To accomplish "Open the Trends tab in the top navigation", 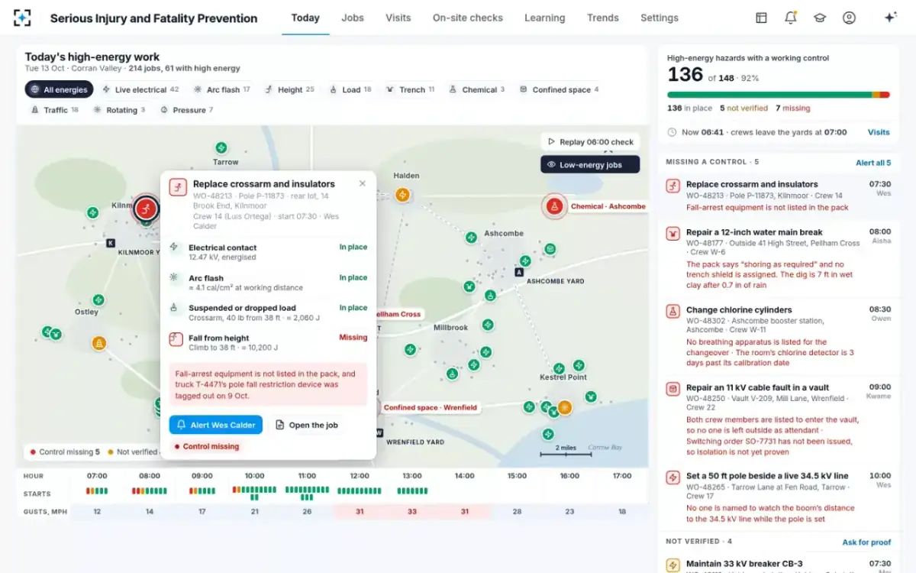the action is pos(603,18).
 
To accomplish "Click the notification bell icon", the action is pos(791,18).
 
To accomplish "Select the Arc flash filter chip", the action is pos(221,89).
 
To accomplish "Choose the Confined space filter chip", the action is pos(559,89).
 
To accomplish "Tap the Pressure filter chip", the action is pos(187,110).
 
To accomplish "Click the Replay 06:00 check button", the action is pos(590,142).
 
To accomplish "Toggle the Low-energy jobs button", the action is pos(590,164).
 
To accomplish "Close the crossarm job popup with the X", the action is pos(363,183).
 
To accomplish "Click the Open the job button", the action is pos(307,425).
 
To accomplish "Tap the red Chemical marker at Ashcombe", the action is pos(554,206).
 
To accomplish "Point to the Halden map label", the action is pos(406,176).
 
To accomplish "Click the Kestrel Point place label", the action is pos(563,377).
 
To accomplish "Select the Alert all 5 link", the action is pos(873,163).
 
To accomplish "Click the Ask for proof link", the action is pos(866,542).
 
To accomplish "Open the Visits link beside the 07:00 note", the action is pos(879,132).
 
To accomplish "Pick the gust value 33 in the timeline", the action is pos(411,511).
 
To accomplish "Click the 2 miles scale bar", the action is pos(566,455).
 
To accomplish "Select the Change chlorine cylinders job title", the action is pos(739,310).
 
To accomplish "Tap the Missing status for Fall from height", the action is pos(353,337).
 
